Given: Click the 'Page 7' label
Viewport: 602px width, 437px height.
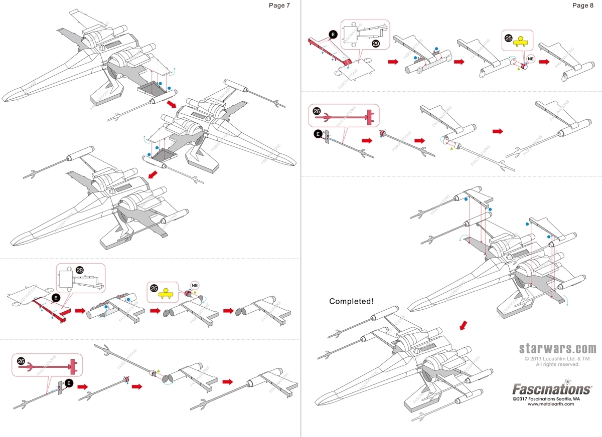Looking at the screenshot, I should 279,6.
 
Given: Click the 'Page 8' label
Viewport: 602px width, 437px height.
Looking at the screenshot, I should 582,6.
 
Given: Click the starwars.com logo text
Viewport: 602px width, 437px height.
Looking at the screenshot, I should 557,349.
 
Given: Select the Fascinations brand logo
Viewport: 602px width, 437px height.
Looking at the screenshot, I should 551,389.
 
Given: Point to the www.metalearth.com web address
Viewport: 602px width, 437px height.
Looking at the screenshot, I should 550,404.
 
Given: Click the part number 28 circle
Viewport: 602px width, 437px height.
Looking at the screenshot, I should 80,270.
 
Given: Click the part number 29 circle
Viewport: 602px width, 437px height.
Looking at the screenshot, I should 376,44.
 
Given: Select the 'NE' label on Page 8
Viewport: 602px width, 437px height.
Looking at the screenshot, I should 531,59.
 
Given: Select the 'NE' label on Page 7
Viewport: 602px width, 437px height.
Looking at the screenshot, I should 196,285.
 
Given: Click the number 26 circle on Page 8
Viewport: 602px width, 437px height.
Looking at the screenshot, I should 316,111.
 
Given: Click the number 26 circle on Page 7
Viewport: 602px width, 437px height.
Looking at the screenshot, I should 21,361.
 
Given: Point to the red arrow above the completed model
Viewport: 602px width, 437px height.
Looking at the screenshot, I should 465,325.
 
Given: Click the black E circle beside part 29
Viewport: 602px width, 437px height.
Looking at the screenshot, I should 332,34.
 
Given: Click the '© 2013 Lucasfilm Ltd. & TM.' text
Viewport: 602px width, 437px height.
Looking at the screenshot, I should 557,359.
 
